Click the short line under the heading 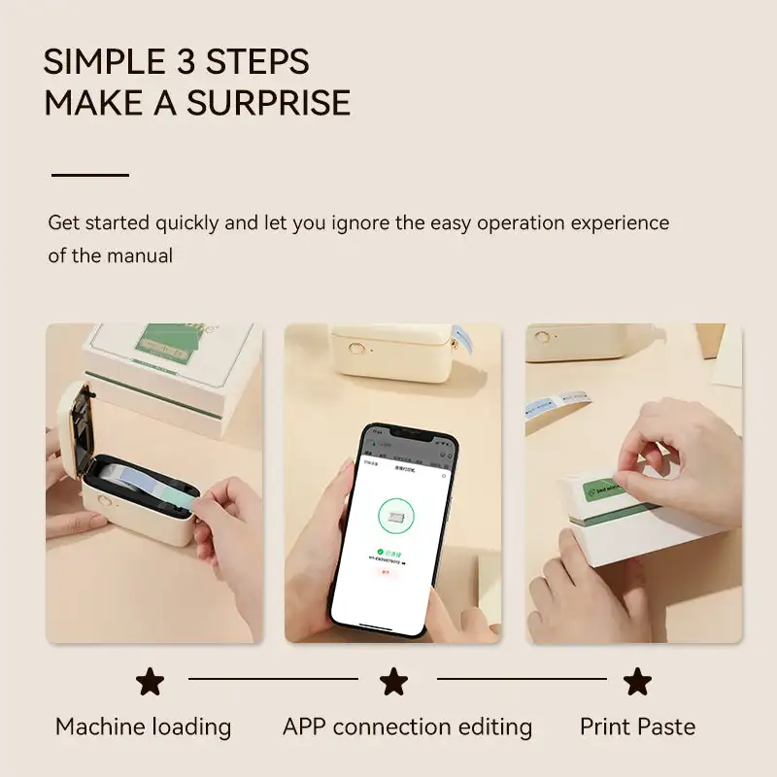(x=89, y=175)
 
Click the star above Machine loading (x=150, y=681)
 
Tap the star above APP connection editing (x=393, y=681)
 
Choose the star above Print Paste (x=637, y=681)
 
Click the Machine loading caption (x=143, y=726)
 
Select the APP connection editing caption (x=407, y=726)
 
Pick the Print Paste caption (x=637, y=726)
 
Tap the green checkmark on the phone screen (x=381, y=551)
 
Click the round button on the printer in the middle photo (x=356, y=348)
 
